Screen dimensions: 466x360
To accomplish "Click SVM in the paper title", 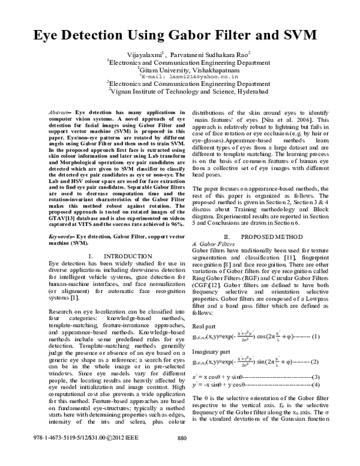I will click(301, 34).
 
